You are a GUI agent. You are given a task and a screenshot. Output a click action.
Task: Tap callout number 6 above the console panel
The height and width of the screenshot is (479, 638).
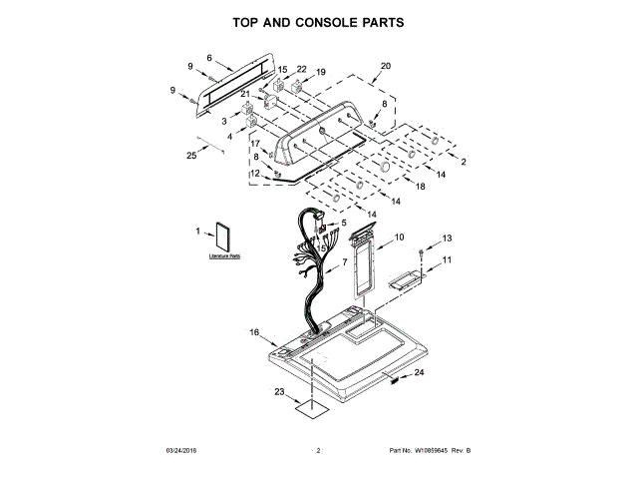point(209,58)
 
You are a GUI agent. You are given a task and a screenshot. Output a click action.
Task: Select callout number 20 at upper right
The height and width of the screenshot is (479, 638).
point(386,66)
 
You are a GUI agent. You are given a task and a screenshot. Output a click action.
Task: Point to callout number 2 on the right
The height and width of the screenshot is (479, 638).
point(463,162)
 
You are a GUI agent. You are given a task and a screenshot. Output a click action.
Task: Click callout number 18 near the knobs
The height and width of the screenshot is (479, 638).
point(421,187)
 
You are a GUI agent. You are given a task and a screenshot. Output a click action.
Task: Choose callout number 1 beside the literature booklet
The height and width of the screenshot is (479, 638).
point(198,233)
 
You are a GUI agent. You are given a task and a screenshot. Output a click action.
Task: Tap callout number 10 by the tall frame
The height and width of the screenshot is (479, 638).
point(399,238)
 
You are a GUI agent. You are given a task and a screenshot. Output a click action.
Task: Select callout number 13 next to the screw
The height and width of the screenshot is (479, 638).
point(447,238)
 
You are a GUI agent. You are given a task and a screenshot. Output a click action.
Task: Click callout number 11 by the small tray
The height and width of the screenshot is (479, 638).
point(447,259)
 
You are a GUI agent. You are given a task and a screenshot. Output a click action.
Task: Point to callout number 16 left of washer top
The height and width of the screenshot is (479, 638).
point(254,332)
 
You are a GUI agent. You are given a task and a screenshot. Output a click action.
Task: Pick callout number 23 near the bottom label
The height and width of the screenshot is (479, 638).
point(279,391)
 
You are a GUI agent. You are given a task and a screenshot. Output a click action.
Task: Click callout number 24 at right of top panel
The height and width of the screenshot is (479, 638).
point(419,373)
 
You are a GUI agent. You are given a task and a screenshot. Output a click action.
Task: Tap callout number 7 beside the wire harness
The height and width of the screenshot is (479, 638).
point(345,261)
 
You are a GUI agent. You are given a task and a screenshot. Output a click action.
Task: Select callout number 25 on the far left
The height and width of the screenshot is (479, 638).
point(192,155)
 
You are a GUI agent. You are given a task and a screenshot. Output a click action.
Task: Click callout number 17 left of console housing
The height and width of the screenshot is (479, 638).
point(254,144)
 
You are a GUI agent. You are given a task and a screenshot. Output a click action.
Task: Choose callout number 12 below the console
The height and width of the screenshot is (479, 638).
point(255,173)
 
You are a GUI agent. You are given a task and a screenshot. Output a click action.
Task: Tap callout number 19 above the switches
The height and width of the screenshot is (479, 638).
point(321,72)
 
